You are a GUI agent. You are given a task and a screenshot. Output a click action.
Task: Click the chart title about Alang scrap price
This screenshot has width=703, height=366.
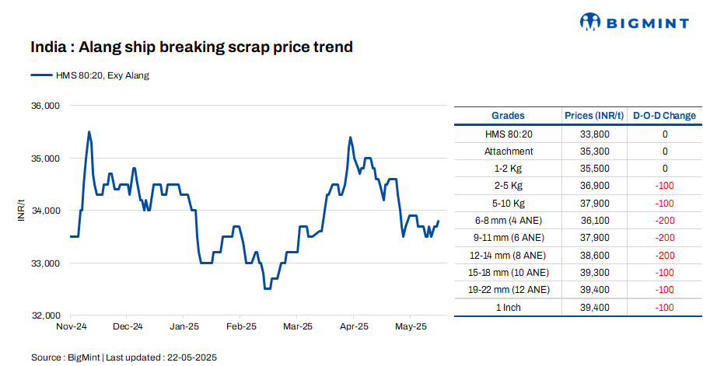pyautogui.click(x=191, y=47)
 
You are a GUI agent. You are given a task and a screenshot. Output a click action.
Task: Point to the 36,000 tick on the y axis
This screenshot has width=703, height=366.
pyautogui.click(x=45, y=106)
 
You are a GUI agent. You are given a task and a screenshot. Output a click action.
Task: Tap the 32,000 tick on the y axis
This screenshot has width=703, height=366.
pyautogui.click(x=45, y=316)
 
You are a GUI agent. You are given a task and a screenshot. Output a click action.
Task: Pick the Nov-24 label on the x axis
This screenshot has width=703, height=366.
pyautogui.click(x=71, y=327)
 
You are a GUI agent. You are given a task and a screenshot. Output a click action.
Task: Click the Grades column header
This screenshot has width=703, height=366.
pyautogui.click(x=509, y=116)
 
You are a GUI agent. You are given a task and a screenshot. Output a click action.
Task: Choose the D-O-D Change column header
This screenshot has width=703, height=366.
pyautogui.click(x=664, y=116)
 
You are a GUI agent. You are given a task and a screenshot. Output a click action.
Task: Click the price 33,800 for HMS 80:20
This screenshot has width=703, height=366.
pyautogui.click(x=595, y=134)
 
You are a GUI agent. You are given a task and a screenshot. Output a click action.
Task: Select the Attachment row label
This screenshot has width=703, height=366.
pyautogui.click(x=509, y=152)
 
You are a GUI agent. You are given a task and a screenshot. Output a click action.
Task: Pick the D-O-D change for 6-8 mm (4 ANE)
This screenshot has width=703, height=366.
pyautogui.click(x=664, y=221)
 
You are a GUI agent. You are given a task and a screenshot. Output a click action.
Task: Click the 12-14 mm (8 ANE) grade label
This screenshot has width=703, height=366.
pyautogui.click(x=509, y=255)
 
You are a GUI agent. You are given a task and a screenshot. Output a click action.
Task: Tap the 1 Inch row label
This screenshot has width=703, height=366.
pyautogui.click(x=509, y=308)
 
